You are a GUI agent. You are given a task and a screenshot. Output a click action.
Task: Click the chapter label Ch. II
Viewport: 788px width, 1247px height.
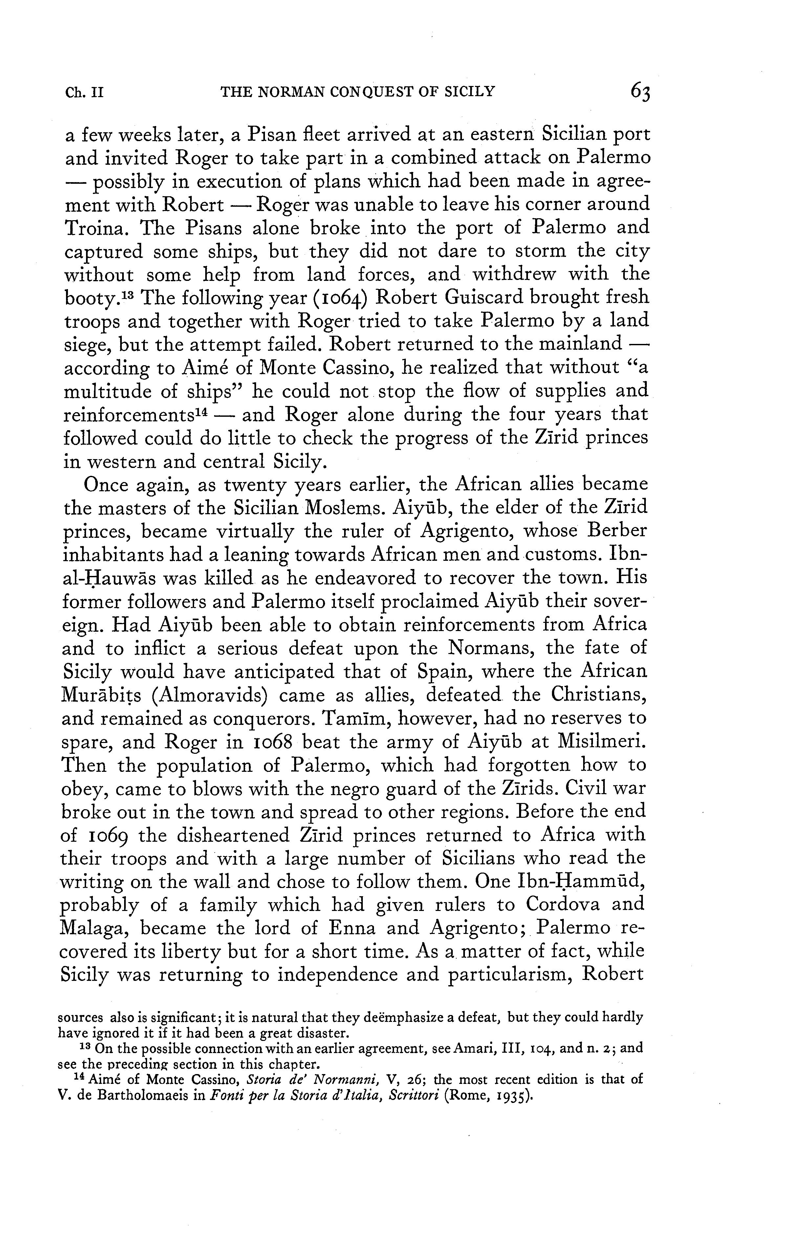[84, 93]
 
